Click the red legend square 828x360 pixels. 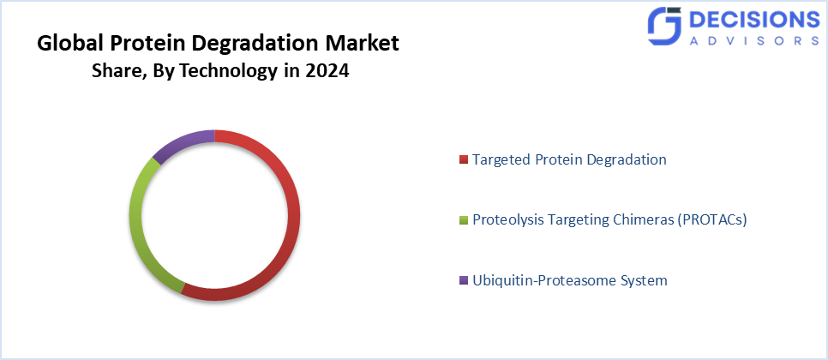(464, 160)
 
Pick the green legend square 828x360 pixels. (464, 220)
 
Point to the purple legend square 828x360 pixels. (464, 281)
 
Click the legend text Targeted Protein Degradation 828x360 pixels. (569, 159)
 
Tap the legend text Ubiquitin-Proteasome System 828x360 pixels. (569, 280)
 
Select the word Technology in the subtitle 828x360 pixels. (232, 71)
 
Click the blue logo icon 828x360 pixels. (665, 28)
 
